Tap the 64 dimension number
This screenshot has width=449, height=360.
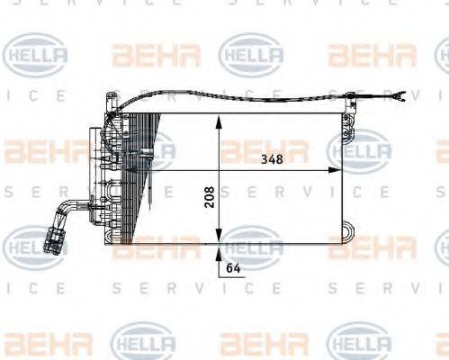pos(233,267)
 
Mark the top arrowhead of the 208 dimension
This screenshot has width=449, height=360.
pos(219,123)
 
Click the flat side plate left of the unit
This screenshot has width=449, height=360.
pos(93,171)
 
